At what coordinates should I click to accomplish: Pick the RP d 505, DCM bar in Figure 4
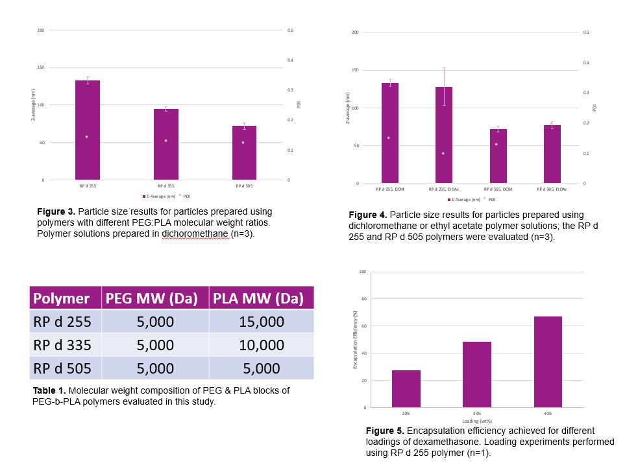[x=498, y=156]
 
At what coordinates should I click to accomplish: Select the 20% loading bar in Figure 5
[x=406, y=388]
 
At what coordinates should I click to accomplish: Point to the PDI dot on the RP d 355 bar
[x=166, y=141]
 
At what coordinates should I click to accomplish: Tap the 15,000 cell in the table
[x=262, y=322]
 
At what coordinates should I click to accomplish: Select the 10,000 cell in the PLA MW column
[x=262, y=345]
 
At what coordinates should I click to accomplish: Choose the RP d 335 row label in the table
[x=62, y=345]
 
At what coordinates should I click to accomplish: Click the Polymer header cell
[x=62, y=298]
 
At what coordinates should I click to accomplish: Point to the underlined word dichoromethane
[x=195, y=234]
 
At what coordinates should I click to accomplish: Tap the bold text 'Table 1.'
[x=49, y=390]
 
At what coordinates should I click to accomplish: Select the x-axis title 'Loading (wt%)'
[x=476, y=421]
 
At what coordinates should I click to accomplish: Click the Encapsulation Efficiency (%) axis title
[x=356, y=340]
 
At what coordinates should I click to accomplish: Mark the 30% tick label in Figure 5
[x=476, y=413]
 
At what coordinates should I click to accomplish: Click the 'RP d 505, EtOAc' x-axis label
[x=552, y=189]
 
